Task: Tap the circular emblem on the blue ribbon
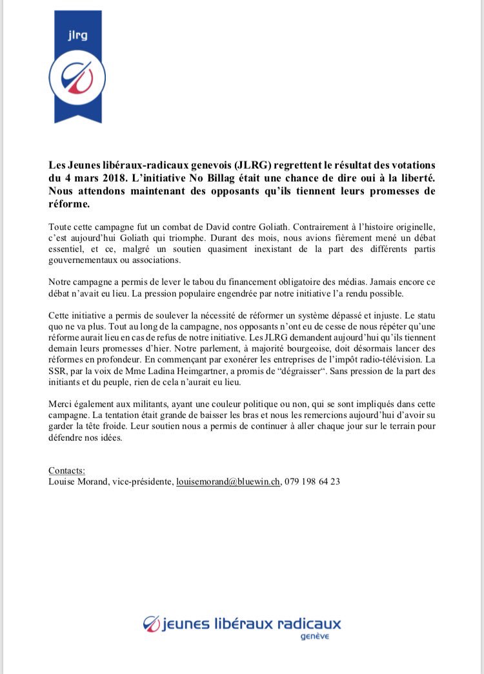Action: click(x=77, y=79)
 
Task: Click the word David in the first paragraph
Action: click(x=187, y=227)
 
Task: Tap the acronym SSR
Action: click(x=59, y=372)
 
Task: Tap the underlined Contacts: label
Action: click(x=66, y=470)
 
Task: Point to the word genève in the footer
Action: click(x=315, y=637)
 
